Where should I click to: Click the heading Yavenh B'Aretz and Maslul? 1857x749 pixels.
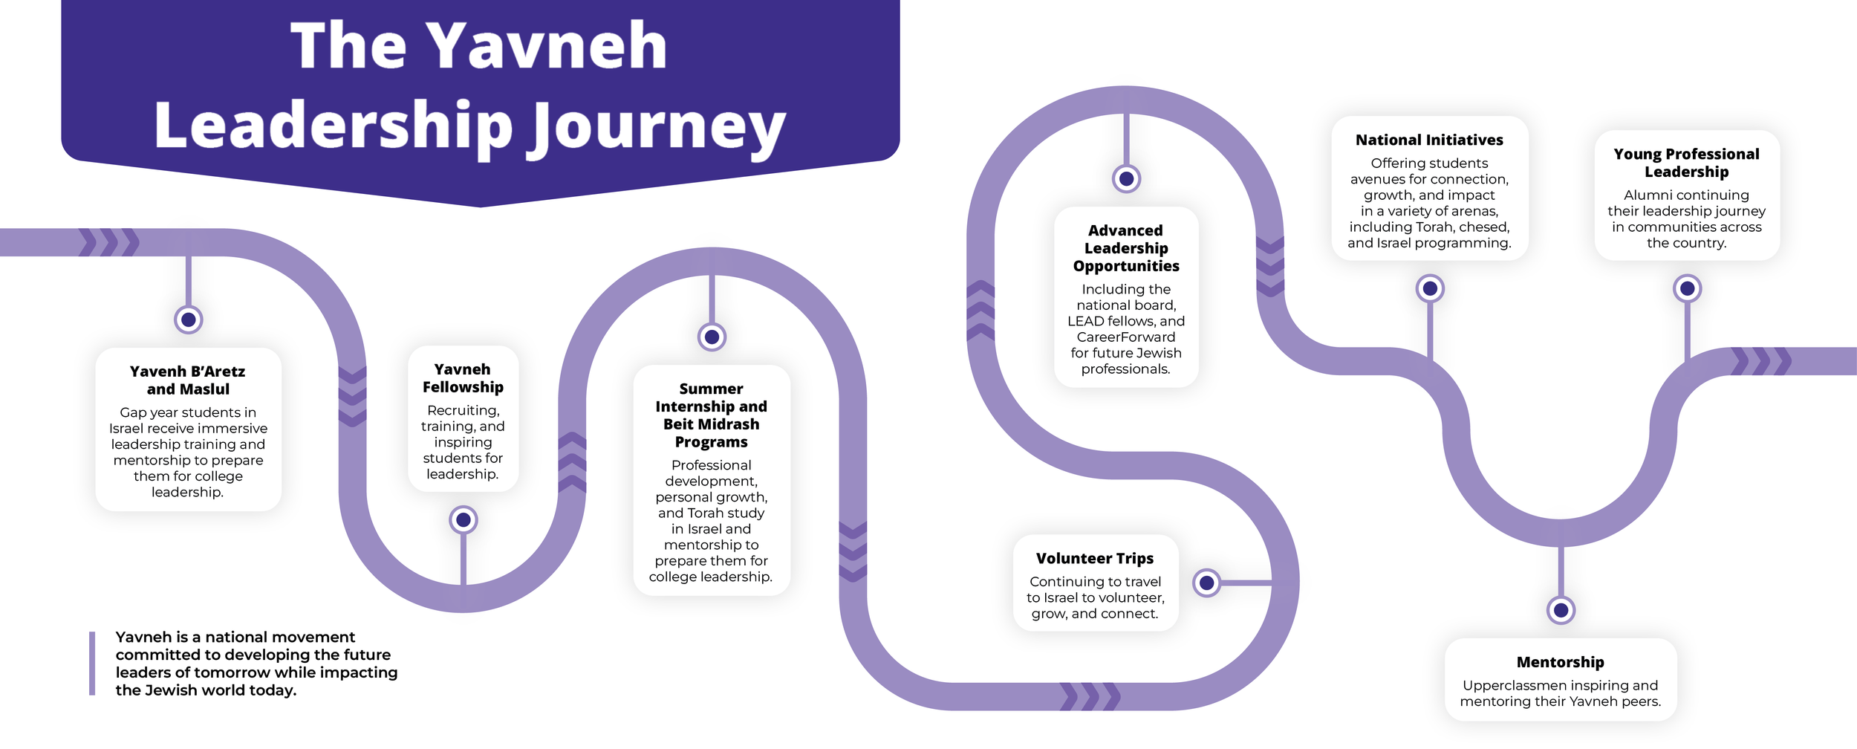(188, 380)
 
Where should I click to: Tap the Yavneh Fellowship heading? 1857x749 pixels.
(463, 377)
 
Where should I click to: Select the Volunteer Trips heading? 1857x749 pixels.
(1095, 558)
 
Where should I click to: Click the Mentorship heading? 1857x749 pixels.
(1560, 662)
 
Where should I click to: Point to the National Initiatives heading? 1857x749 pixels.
(1429, 140)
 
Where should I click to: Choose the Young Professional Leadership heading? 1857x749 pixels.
(1686, 163)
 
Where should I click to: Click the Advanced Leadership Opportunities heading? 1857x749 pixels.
(1126, 248)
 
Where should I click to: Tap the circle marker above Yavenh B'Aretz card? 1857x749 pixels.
(189, 320)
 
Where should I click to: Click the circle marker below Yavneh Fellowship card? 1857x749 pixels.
(464, 520)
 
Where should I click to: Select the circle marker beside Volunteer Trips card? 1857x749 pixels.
(1207, 583)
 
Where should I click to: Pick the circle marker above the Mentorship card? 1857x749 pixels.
(1561, 610)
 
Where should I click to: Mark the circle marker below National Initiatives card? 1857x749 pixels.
(1430, 288)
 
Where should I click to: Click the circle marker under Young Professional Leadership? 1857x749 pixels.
(1687, 288)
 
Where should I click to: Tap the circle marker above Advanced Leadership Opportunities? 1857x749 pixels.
(1126, 179)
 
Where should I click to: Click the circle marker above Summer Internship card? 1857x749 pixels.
(712, 337)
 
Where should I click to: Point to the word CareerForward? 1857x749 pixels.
(1126, 337)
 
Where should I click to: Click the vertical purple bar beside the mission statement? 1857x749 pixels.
(92, 664)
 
